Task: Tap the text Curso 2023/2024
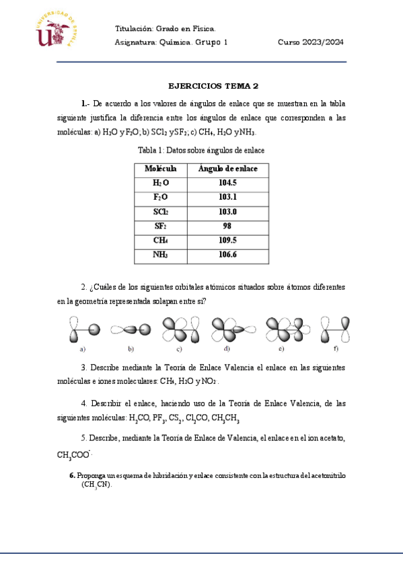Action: click(311, 42)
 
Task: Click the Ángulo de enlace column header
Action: click(227, 168)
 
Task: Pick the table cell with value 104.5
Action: click(227, 183)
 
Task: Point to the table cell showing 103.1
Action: click(227, 197)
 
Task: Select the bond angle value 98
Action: click(227, 227)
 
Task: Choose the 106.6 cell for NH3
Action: click(227, 255)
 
